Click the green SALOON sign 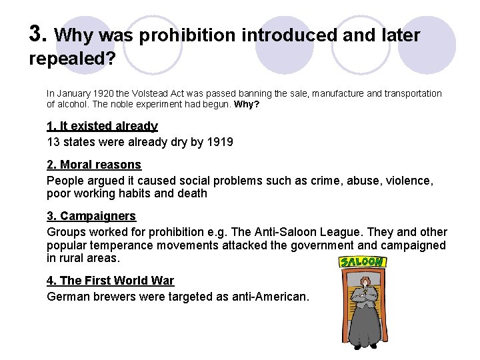point(363,262)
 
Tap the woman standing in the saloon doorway point(364,313)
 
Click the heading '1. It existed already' point(102,126)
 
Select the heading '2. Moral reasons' point(94,165)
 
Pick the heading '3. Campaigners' point(91,216)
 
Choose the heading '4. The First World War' point(110,281)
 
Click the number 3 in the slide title point(37,33)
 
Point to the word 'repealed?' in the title point(73,59)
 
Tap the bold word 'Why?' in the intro point(247,105)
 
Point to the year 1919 point(219,142)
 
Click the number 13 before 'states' point(53,142)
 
